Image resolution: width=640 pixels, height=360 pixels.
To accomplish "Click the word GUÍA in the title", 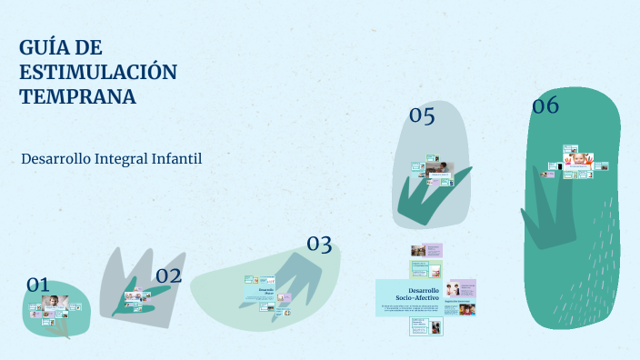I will point(43,47).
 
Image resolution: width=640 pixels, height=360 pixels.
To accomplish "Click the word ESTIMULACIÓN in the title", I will point(97,72).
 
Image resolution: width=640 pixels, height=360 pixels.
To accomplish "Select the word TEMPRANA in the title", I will point(77,96).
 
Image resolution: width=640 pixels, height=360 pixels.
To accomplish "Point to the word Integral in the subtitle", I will point(120,158).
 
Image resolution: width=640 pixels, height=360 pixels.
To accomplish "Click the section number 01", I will point(37,285).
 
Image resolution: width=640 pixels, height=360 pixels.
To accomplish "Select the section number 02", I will point(168,275).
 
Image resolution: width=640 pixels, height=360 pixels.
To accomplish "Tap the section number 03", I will point(318,244).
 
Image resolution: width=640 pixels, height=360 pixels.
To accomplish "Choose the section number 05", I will point(422,115).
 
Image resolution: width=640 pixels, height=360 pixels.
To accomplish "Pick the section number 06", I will point(545,106).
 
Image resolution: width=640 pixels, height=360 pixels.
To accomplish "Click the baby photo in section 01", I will point(54,302).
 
